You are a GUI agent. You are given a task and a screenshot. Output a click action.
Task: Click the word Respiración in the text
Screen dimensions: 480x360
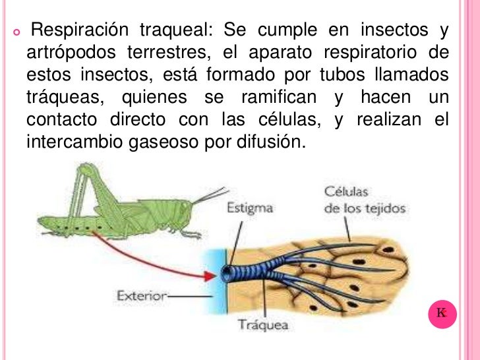point(79,30)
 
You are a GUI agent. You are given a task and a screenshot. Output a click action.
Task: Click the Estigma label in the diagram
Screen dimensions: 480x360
point(250,208)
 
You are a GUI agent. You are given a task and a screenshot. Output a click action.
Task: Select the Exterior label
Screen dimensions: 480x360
point(141,296)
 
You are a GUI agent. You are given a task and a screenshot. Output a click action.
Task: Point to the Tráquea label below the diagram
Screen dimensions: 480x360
point(262,326)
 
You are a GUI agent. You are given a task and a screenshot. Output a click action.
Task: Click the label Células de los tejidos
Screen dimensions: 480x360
point(365,200)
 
